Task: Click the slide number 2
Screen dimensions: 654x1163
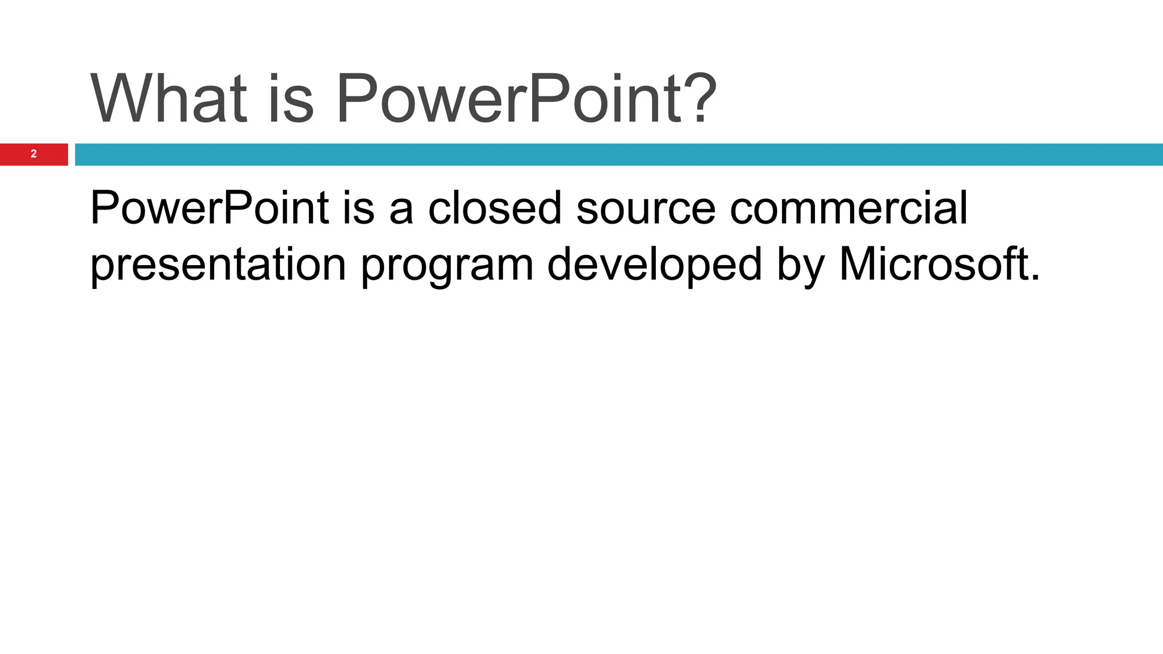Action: [34, 154]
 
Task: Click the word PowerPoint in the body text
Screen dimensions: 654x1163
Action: [209, 208]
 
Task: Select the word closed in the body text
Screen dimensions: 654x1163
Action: [495, 208]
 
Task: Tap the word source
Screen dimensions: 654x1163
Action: [646, 209]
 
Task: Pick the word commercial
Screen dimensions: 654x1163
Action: [848, 208]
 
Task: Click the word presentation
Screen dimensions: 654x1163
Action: [218, 266]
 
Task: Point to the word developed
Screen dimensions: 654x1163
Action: [654, 266]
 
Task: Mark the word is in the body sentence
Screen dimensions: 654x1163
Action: [358, 208]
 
